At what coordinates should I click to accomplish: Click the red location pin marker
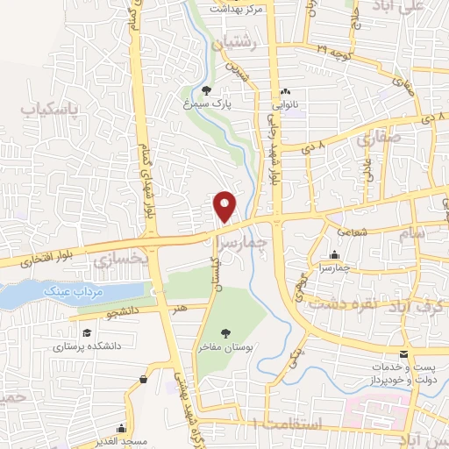[x=226, y=205]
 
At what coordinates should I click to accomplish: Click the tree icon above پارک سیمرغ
[x=207, y=90]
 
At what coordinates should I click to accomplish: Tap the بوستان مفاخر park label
[x=225, y=347]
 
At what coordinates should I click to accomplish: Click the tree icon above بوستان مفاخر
[x=225, y=333]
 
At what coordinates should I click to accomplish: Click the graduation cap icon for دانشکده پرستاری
[x=87, y=333]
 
